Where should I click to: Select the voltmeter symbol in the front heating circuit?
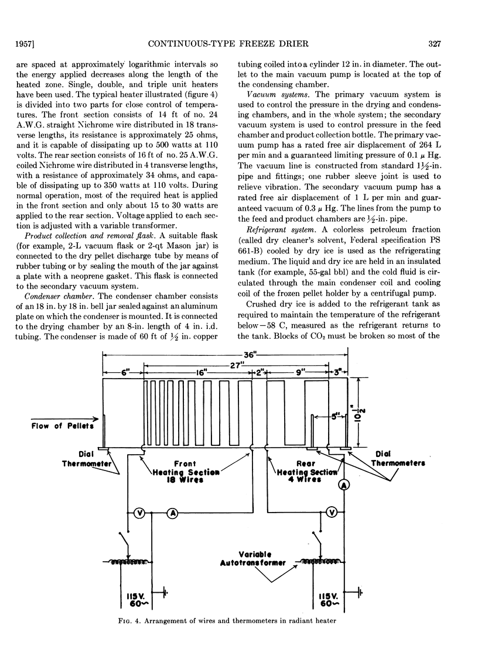click(x=140, y=513)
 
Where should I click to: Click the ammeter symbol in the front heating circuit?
click(x=173, y=513)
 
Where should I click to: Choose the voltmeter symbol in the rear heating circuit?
click(x=332, y=513)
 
